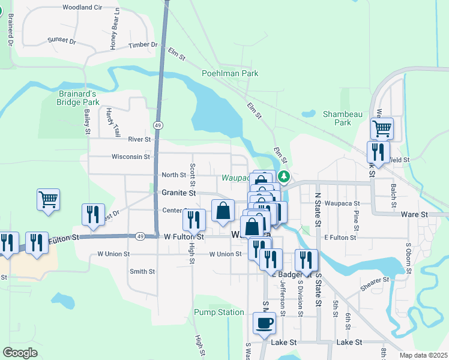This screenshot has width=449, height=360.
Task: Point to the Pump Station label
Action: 218,312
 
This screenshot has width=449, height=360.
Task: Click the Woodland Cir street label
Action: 82,7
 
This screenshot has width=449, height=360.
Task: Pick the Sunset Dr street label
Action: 62,41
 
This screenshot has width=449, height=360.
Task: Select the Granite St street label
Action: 179,193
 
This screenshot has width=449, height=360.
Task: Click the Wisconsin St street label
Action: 130,157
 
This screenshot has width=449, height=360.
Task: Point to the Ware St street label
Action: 414,214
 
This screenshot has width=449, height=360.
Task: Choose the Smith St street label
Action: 142,271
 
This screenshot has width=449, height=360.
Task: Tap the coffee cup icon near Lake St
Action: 264,324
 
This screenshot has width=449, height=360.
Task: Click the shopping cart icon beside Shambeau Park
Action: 381,127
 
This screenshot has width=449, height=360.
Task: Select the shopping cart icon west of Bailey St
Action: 48,199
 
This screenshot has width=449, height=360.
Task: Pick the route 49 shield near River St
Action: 157,125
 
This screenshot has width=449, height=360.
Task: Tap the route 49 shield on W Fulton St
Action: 139,236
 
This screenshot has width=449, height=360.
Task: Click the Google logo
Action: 20,353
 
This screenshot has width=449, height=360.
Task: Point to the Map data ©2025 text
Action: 423,355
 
